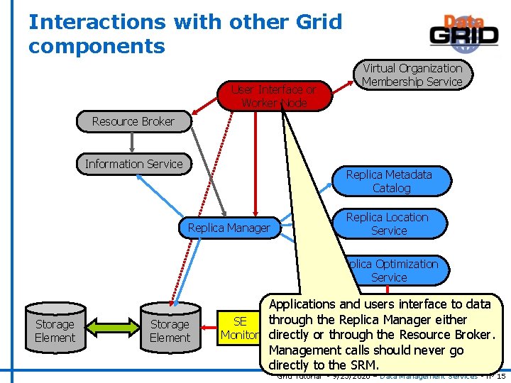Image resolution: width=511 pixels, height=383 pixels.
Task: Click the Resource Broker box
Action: pyautogui.click(x=133, y=121)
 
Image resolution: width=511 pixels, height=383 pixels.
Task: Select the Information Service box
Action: pyautogui.click(x=133, y=164)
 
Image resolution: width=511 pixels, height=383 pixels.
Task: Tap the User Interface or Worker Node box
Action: pyautogui.click(x=273, y=96)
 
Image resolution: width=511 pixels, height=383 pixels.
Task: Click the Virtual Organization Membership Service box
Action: pyautogui.click(x=412, y=75)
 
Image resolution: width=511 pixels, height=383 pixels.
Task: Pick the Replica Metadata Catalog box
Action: pyautogui.click(x=391, y=181)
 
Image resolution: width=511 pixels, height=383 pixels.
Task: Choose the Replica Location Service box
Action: pyautogui.click(x=389, y=224)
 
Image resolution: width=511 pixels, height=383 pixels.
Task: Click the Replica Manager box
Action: pyautogui.click(x=229, y=228)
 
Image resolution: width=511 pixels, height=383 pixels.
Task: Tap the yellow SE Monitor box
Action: pyautogui.click(x=239, y=328)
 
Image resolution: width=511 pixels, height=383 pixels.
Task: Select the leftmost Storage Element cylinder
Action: pyautogui.click(x=55, y=330)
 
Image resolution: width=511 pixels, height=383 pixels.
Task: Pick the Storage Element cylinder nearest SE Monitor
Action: pyautogui.click(x=170, y=330)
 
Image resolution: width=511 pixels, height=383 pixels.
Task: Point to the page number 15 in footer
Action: pyautogui.click(x=501, y=376)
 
